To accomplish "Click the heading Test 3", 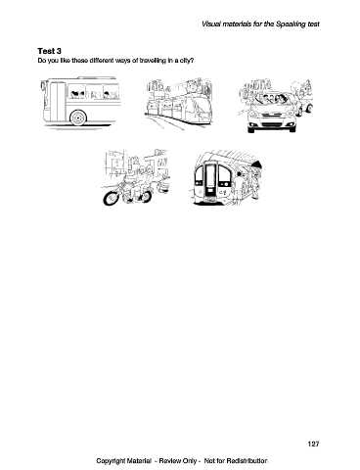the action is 49,51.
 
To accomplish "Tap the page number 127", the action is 313,444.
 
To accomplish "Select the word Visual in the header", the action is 210,24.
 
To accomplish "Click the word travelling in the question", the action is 153,61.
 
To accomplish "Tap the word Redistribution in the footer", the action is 247,460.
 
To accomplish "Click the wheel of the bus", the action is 78,117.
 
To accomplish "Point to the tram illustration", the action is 179,103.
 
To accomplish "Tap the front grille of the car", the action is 272,125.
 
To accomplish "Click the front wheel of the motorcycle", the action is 112,197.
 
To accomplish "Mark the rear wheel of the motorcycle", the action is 144,196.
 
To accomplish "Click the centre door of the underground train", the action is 211,180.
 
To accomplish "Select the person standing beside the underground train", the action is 255,183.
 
